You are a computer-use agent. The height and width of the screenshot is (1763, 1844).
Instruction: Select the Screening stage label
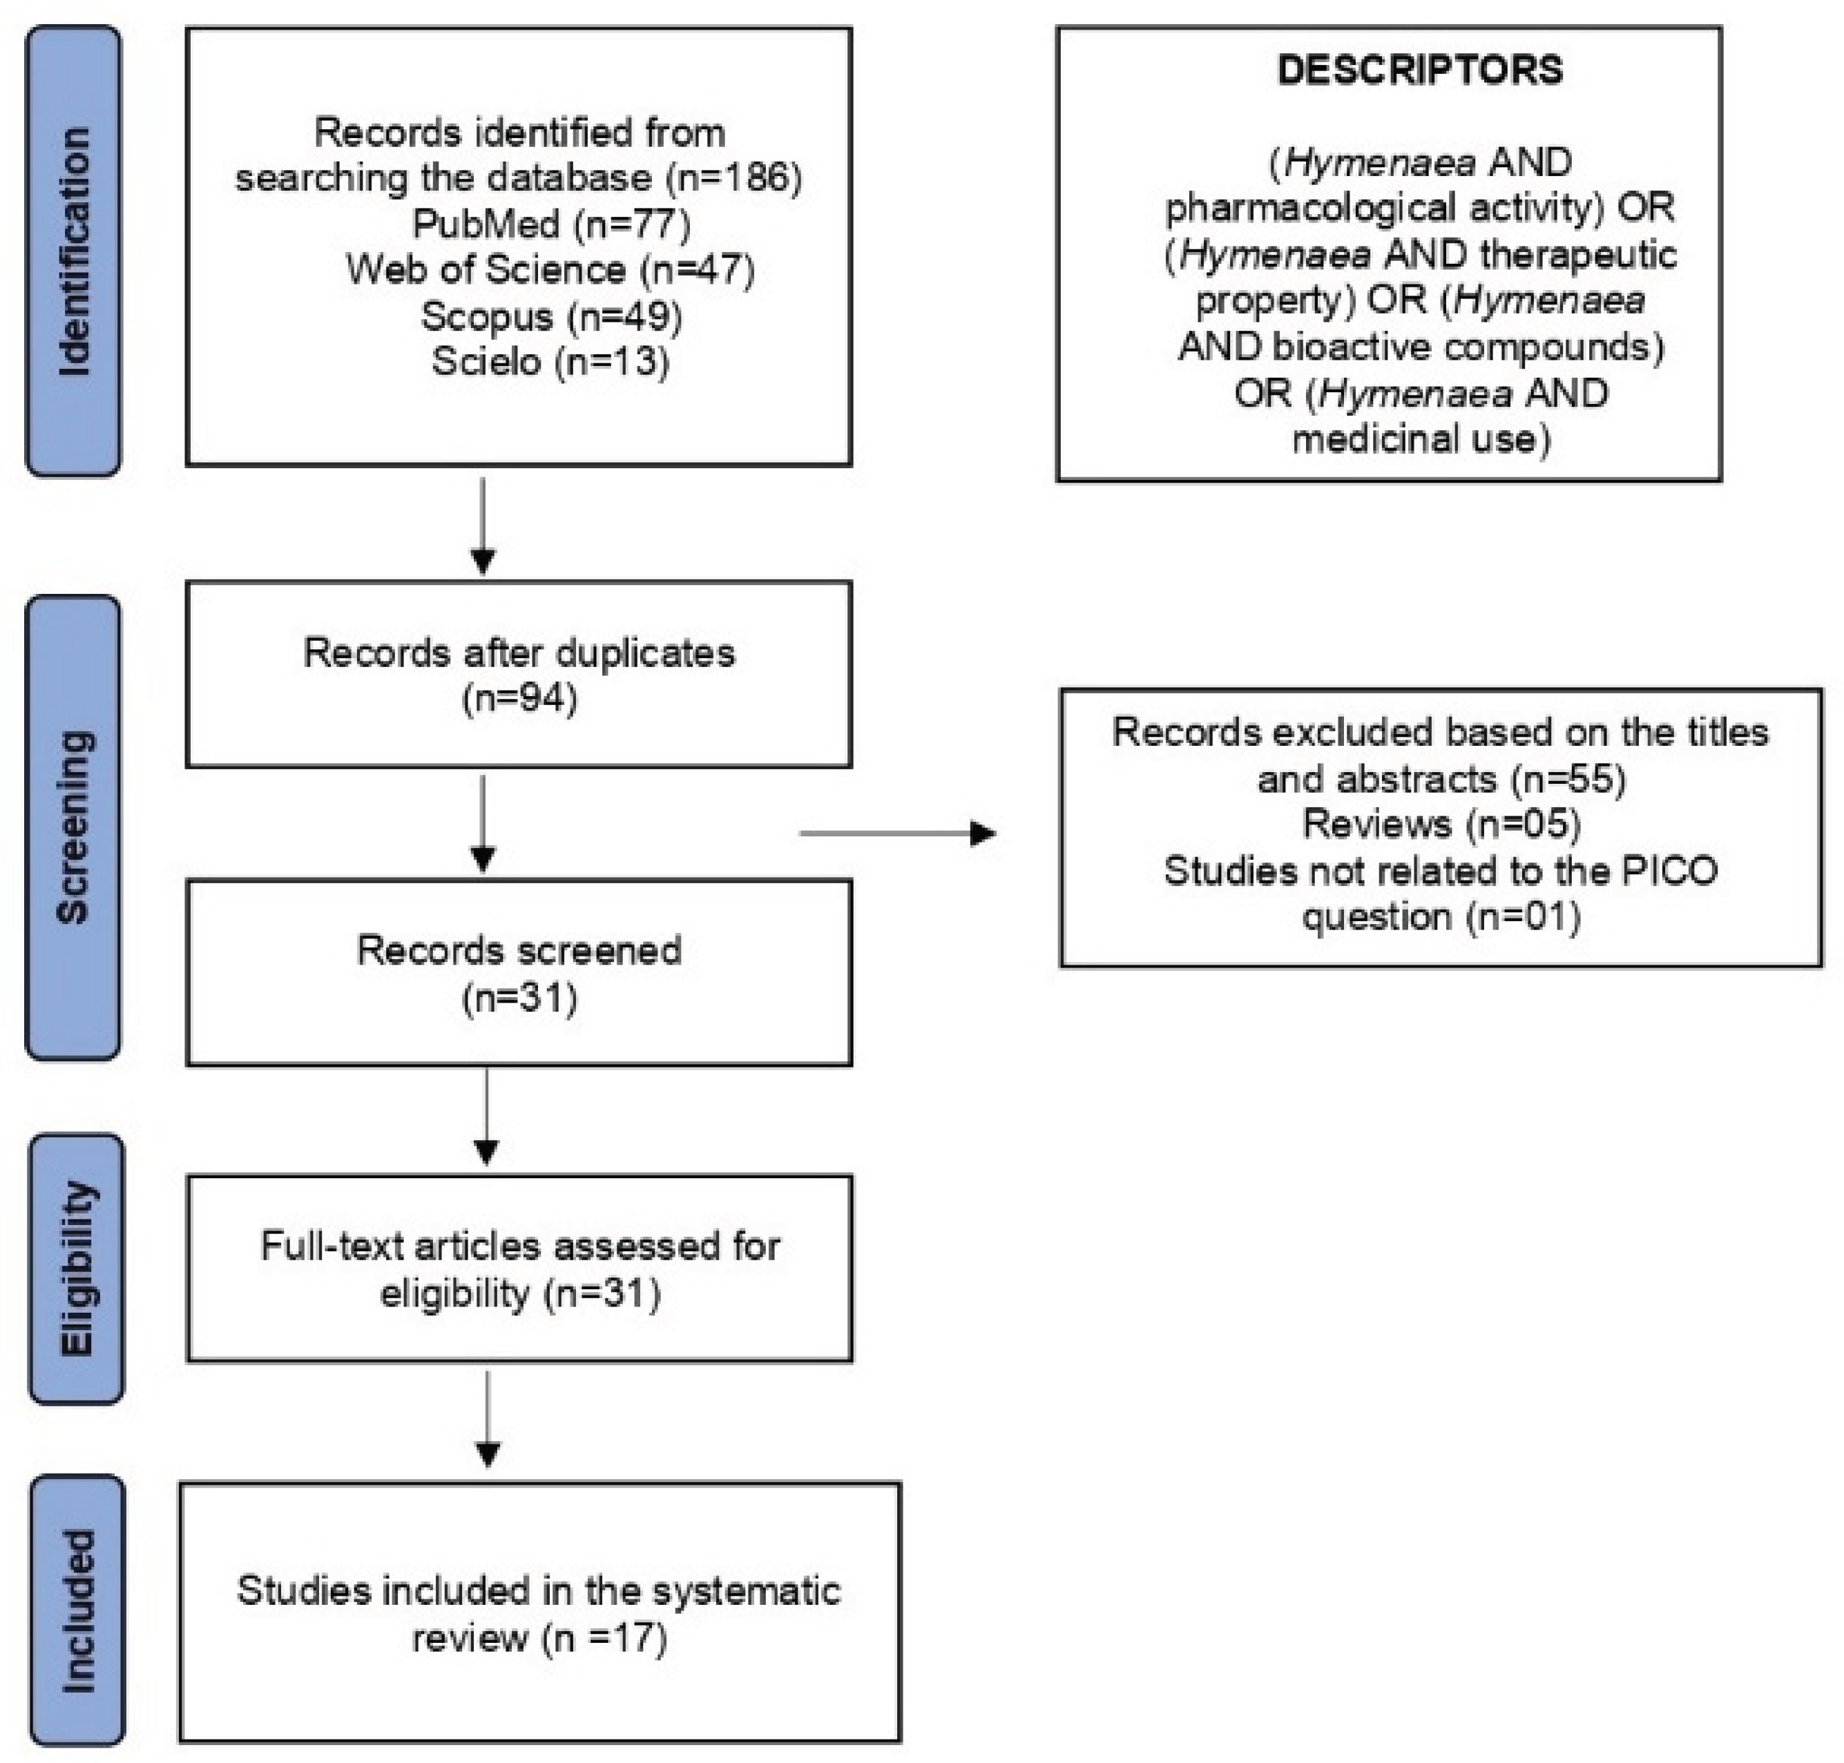click(73, 827)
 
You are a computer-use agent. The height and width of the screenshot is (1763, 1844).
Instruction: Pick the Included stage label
click(77, 1611)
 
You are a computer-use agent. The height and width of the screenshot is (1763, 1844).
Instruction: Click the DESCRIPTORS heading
click(1419, 70)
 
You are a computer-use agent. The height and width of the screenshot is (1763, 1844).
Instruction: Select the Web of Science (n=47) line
click(550, 270)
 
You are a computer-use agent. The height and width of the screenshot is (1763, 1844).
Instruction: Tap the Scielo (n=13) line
click(550, 362)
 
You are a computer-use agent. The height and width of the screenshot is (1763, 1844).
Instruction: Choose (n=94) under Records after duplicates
click(520, 698)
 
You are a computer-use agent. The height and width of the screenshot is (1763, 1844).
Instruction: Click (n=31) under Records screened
click(520, 997)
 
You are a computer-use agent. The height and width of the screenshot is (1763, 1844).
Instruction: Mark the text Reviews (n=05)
click(1441, 824)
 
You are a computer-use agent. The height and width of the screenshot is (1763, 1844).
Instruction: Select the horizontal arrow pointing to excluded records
click(898, 833)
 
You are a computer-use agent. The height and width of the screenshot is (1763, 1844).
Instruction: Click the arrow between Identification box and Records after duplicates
click(482, 526)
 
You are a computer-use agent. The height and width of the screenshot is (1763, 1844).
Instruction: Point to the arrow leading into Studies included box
click(487, 1419)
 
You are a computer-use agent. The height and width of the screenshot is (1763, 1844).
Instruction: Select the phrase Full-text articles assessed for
click(520, 1247)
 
